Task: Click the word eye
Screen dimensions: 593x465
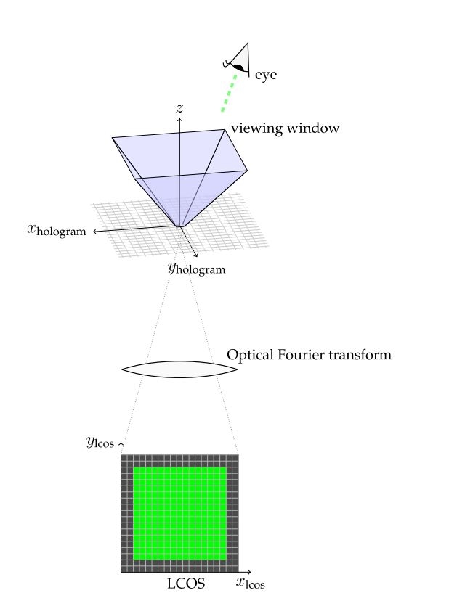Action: point(266,74)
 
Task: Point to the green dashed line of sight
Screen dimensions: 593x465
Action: point(229,94)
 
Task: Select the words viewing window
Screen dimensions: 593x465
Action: point(286,128)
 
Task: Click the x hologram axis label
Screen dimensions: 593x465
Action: point(56,231)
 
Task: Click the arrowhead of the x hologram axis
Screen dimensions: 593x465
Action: point(94,232)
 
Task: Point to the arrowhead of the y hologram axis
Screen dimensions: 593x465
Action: point(197,255)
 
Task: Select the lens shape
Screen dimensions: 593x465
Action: point(179,369)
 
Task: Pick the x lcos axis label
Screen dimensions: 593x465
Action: point(250,582)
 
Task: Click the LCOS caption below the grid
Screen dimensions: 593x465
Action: point(186,583)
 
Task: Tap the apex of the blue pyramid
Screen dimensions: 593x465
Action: point(179,226)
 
